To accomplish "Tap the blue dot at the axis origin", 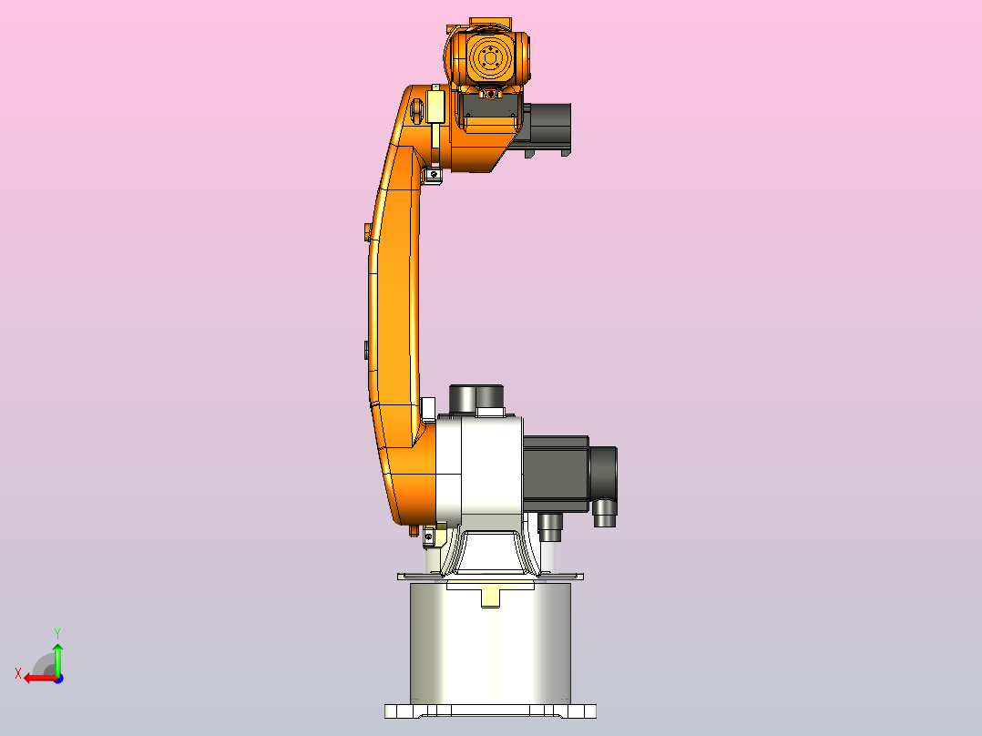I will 57,678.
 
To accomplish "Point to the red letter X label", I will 18,673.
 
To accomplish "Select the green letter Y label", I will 57,631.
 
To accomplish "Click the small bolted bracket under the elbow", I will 433,173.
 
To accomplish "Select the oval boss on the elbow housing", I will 417,110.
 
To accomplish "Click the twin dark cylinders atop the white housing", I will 477,397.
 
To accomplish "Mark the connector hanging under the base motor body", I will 550,525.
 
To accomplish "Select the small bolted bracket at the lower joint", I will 431,535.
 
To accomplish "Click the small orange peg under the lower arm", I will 414,528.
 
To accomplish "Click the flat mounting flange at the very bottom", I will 490,710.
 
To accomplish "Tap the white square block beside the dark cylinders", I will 490,413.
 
